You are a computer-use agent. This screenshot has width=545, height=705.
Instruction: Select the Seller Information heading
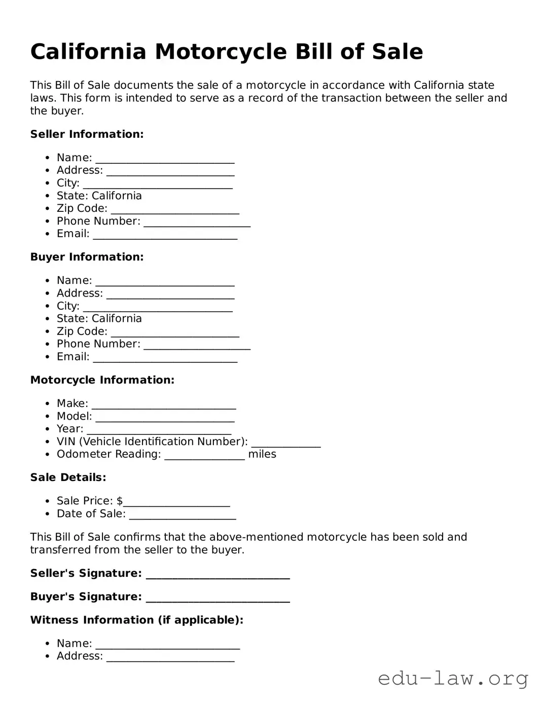[87, 134]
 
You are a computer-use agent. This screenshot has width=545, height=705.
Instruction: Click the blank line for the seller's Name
[165, 159]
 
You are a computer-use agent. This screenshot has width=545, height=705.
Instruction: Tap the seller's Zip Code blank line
[175, 210]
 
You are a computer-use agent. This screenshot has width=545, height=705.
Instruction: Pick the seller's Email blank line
[165, 235]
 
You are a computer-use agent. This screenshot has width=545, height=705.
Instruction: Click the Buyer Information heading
[87, 257]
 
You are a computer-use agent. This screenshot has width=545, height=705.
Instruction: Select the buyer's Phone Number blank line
[197, 345]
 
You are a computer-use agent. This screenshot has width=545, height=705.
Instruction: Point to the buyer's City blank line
[158, 307]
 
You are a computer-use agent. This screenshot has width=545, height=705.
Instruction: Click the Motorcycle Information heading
[102, 380]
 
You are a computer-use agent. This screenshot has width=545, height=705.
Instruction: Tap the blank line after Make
[164, 405]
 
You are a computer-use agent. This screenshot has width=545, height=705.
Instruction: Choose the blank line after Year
[159, 430]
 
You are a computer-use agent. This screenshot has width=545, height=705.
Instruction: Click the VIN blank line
[286, 443]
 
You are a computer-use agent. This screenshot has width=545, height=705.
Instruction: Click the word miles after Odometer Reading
[262, 454]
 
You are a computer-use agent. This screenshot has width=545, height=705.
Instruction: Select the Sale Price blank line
[176, 502]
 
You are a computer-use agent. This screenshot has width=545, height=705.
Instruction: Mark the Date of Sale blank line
[183, 515]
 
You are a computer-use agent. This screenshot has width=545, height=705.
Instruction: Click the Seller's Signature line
[217, 575]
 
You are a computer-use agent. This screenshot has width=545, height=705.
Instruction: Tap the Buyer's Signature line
[217, 598]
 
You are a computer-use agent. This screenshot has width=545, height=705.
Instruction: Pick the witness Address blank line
[170, 657]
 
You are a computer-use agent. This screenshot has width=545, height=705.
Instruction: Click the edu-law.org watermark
[453, 678]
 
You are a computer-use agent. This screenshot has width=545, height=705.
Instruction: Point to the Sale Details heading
[68, 477]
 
